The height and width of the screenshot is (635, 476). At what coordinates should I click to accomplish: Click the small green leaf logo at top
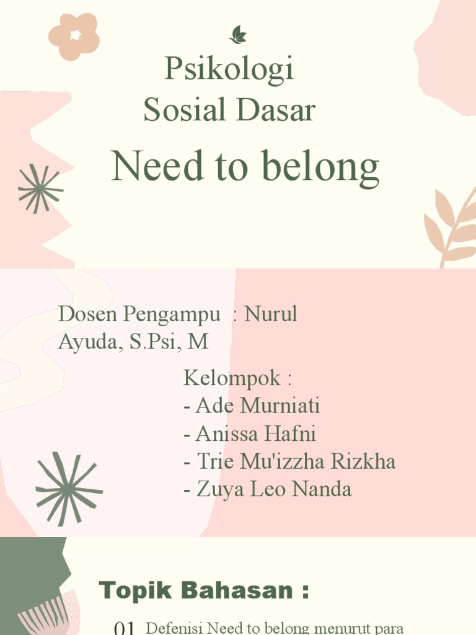[238, 35]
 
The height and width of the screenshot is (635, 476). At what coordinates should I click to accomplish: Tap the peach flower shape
[74, 37]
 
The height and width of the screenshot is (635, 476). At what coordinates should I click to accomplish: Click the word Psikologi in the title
[229, 69]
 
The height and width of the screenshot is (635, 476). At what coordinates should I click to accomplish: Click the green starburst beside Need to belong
[40, 189]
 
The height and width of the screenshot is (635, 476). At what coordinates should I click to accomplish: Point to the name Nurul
[271, 314]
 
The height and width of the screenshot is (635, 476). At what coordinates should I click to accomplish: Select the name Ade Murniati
[257, 406]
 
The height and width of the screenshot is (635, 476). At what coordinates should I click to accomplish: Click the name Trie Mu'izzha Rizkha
[296, 462]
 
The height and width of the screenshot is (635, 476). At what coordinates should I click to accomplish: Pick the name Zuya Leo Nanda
[273, 490]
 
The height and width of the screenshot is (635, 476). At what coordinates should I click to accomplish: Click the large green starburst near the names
[68, 489]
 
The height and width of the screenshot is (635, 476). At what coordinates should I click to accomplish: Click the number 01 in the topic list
[125, 629]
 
